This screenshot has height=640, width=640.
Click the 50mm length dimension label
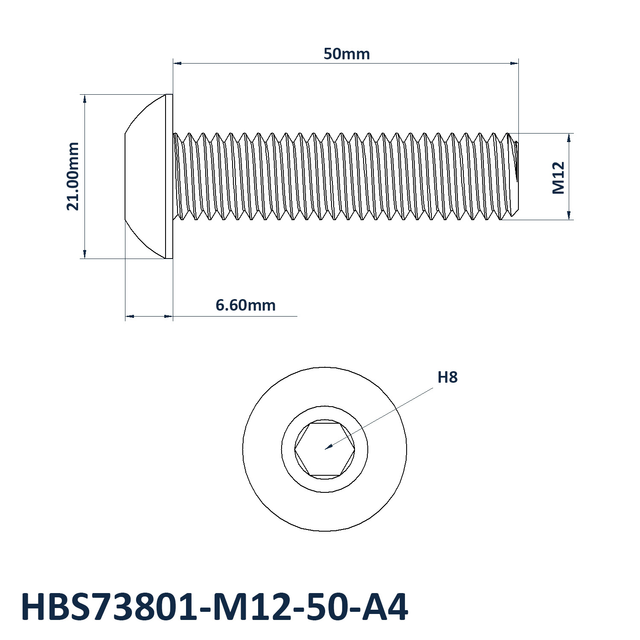[x=346, y=54]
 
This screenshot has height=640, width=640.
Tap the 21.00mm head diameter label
[x=73, y=176]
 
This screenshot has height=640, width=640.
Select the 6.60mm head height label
[x=245, y=305]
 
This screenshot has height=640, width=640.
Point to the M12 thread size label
[x=559, y=178]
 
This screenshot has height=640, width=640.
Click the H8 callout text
[x=448, y=378]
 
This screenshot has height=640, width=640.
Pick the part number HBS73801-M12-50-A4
[x=214, y=607]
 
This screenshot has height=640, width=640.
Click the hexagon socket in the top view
[x=325, y=449]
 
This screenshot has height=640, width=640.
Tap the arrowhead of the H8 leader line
[x=328, y=448]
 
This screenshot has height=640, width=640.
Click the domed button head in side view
[x=145, y=176]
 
